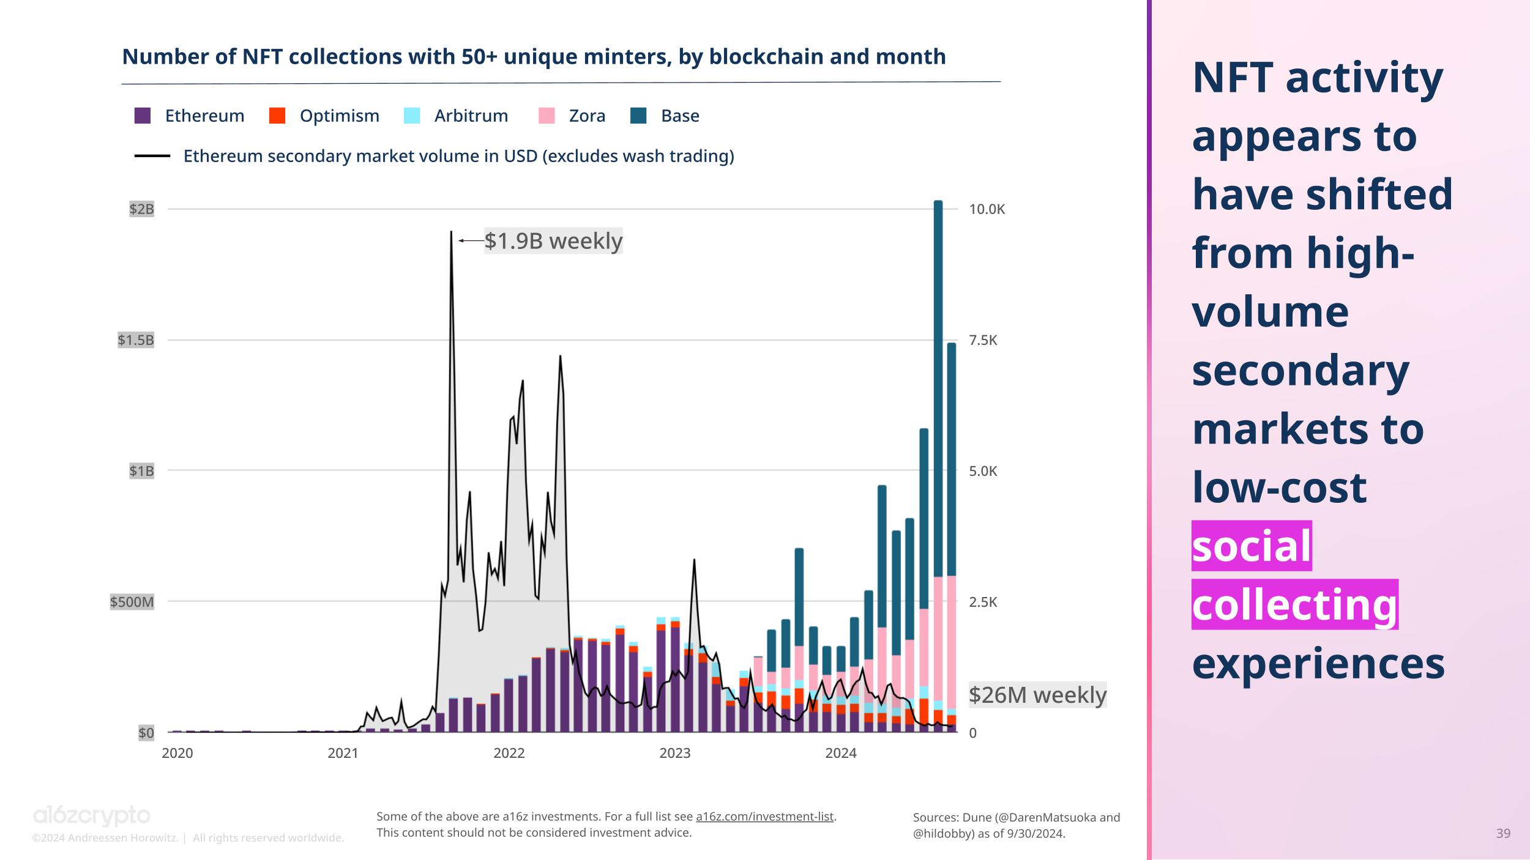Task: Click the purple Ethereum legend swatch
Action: tap(143, 116)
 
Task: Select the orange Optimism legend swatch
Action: tap(277, 116)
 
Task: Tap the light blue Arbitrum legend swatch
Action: tap(412, 116)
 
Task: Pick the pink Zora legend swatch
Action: tap(547, 116)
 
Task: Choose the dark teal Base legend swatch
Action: tap(638, 116)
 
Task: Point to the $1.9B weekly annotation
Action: tap(553, 241)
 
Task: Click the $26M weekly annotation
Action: tap(1037, 695)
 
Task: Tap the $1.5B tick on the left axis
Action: tap(136, 340)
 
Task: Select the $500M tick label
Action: tap(132, 602)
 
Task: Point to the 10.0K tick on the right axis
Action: tap(987, 209)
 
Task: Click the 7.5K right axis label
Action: tap(983, 340)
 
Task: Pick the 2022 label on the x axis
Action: tap(509, 753)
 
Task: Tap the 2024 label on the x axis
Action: tap(841, 753)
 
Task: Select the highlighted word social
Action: tap(1252, 546)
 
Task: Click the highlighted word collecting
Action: tap(1294, 604)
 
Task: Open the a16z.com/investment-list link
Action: tap(764, 817)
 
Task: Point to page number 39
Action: tap(1503, 833)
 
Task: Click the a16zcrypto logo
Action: tap(91, 816)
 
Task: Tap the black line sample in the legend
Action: tap(152, 156)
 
